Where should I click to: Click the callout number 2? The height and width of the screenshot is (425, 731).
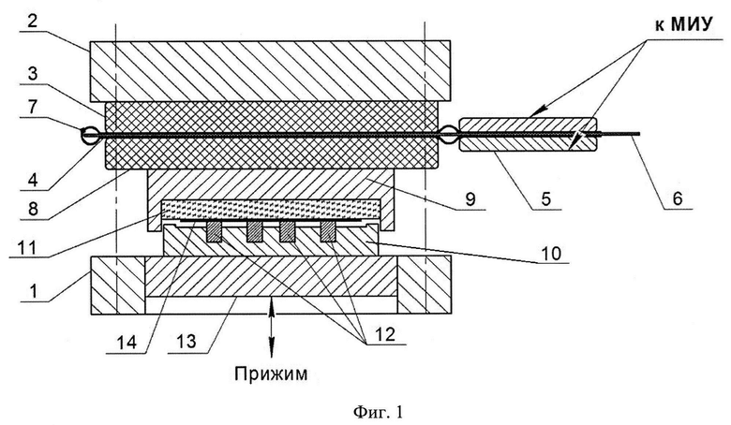32,22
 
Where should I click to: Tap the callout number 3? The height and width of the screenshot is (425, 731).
32,74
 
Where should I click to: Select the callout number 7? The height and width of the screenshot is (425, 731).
32,108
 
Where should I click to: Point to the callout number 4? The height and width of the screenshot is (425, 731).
32,180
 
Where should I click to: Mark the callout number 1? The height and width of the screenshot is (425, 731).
33,290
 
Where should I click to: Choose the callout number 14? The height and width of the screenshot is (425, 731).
127,343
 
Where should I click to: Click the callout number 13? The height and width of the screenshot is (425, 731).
186,342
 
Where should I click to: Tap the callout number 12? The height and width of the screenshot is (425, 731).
385,334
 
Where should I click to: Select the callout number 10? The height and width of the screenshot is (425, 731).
551,253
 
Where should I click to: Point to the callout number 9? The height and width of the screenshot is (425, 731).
470,198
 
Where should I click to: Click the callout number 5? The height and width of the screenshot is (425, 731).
545,198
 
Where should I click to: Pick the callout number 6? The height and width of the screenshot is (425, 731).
678,198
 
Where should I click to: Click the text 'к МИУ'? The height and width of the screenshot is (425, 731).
684,24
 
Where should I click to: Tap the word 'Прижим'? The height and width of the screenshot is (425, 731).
271,374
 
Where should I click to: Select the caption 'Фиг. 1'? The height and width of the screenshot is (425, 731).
378,412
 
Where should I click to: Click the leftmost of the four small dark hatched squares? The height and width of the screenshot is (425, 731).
214,231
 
